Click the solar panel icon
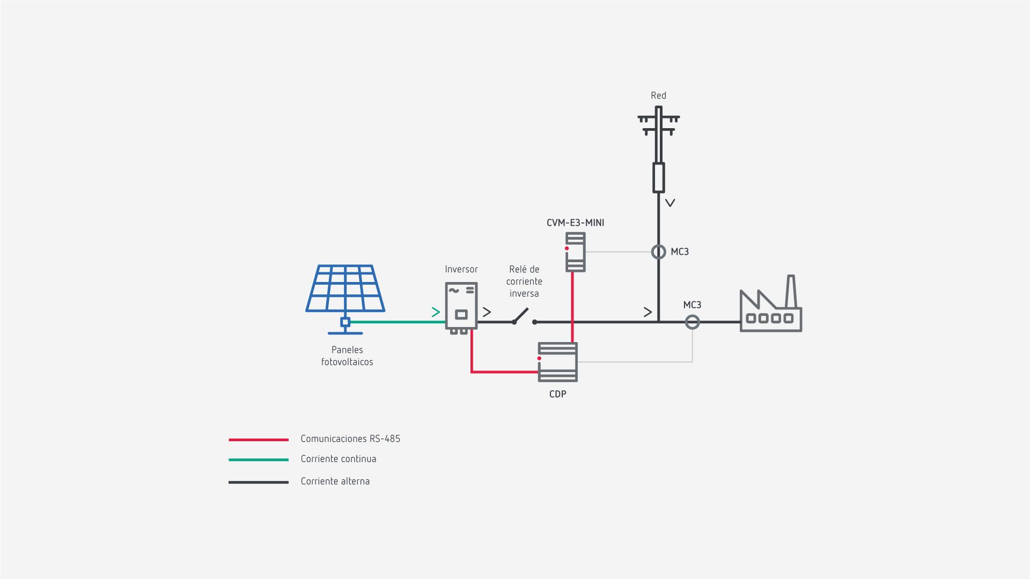point(345,289)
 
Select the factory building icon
point(770,311)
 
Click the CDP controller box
point(558,362)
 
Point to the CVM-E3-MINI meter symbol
point(575,252)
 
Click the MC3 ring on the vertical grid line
point(658,251)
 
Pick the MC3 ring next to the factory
point(693,322)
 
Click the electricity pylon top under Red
point(658,121)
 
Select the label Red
point(658,95)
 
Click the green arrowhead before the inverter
point(436,312)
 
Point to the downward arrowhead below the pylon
point(670,203)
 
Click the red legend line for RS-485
point(259,440)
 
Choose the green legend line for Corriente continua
point(259,459)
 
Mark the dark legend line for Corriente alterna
point(259,482)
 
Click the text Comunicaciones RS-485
point(350,439)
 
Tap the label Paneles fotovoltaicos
point(347,356)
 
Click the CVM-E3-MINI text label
point(575,222)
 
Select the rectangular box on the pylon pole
point(658,177)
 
